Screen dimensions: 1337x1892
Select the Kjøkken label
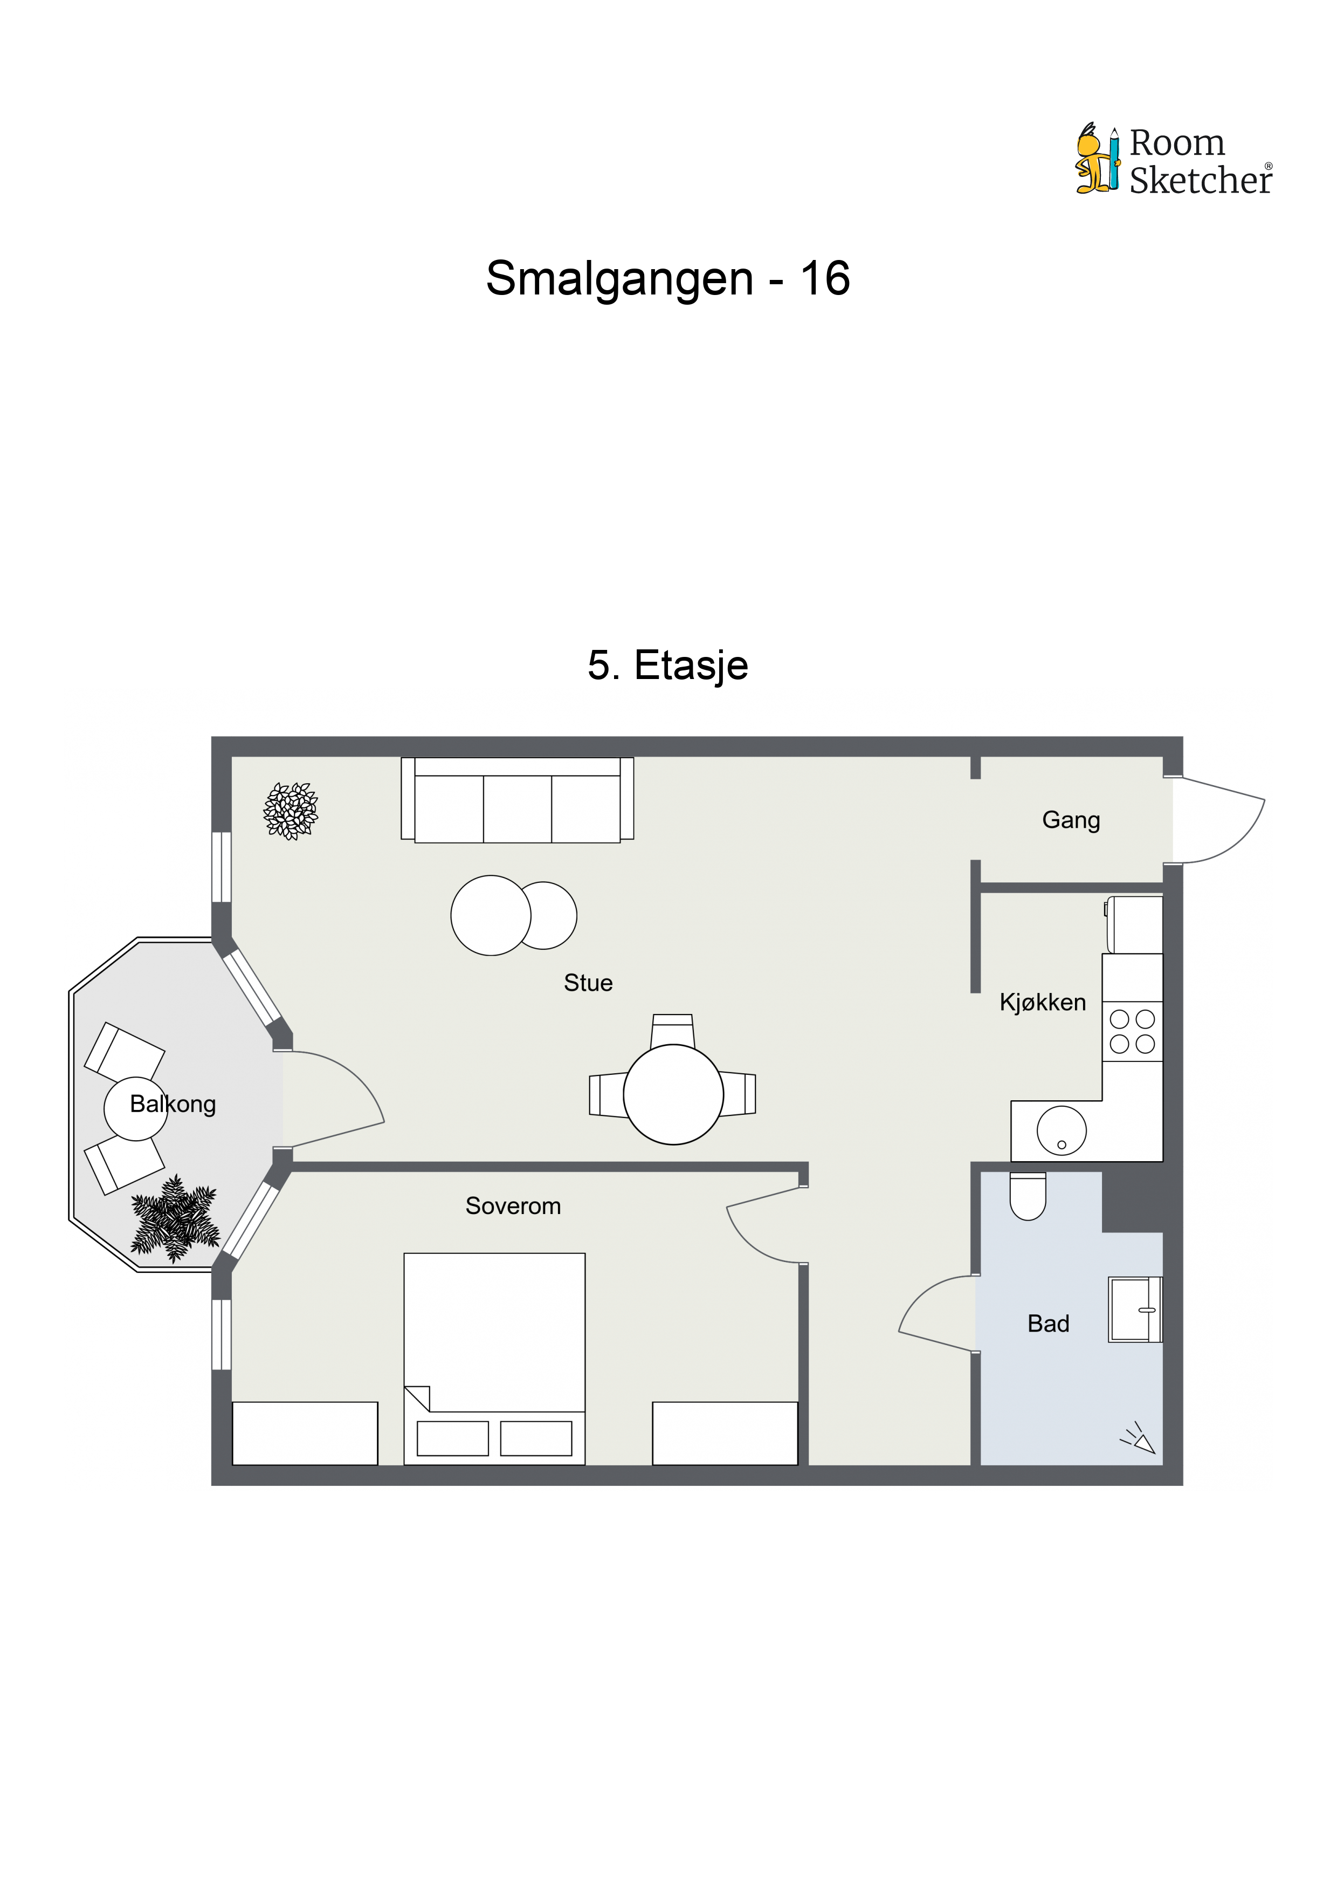coord(1042,1002)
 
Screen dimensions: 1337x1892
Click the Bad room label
coord(1048,1324)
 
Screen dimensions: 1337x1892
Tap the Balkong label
coord(173,1104)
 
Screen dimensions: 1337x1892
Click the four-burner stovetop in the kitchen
coord(1132,1032)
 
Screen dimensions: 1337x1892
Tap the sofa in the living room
coord(518,799)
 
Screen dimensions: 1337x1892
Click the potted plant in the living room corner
coord(290,811)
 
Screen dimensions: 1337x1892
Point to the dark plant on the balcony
coord(175,1219)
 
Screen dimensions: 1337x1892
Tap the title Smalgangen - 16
coord(667,278)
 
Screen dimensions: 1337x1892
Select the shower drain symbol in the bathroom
coord(1139,1437)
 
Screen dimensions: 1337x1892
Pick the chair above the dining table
coord(672,1030)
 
